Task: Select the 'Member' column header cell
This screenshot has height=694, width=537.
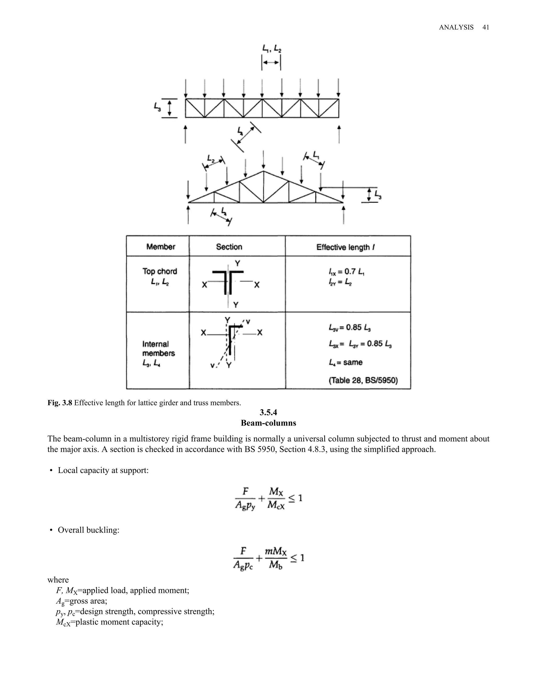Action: (x=161, y=247)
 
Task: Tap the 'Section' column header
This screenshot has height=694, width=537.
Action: (x=229, y=247)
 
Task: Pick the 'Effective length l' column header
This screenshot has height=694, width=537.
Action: (x=345, y=247)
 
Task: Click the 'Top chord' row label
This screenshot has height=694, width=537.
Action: (x=160, y=271)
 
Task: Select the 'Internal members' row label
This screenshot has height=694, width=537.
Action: (x=158, y=349)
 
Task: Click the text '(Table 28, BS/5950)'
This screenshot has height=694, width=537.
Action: (x=363, y=380)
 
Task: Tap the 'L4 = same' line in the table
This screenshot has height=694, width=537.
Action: (x=346, y=362)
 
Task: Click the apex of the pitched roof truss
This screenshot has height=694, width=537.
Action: (x=264, y=172)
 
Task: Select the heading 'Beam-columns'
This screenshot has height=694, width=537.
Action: (x=268, y=423)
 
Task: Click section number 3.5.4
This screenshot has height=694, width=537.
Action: (x=268, y=412)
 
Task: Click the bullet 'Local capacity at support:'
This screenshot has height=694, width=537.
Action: (x=103, y=470)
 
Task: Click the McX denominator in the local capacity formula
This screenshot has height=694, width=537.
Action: (x=276, y=505)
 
